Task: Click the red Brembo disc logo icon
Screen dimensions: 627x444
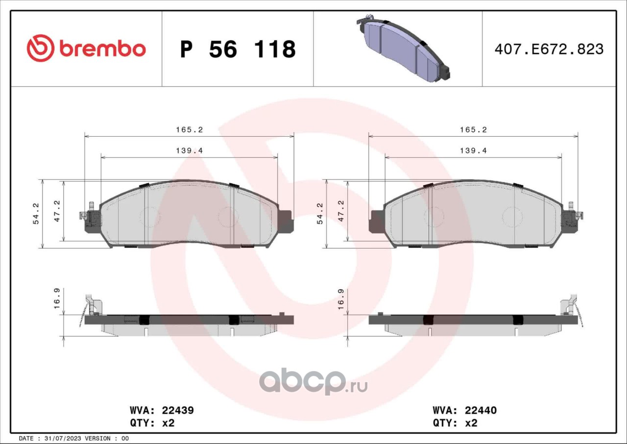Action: click(40, 48)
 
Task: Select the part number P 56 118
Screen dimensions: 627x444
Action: click(238, 49)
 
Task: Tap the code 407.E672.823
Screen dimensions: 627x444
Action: click(549, 49)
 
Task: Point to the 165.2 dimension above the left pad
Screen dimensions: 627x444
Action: click(189, 130)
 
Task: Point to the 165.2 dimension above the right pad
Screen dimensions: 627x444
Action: click(473, 130)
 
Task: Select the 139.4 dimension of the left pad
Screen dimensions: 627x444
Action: click(189, 151)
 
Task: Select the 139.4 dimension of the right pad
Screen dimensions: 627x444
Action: click(473, 151)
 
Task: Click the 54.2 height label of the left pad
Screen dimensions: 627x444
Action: click(36, 214)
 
